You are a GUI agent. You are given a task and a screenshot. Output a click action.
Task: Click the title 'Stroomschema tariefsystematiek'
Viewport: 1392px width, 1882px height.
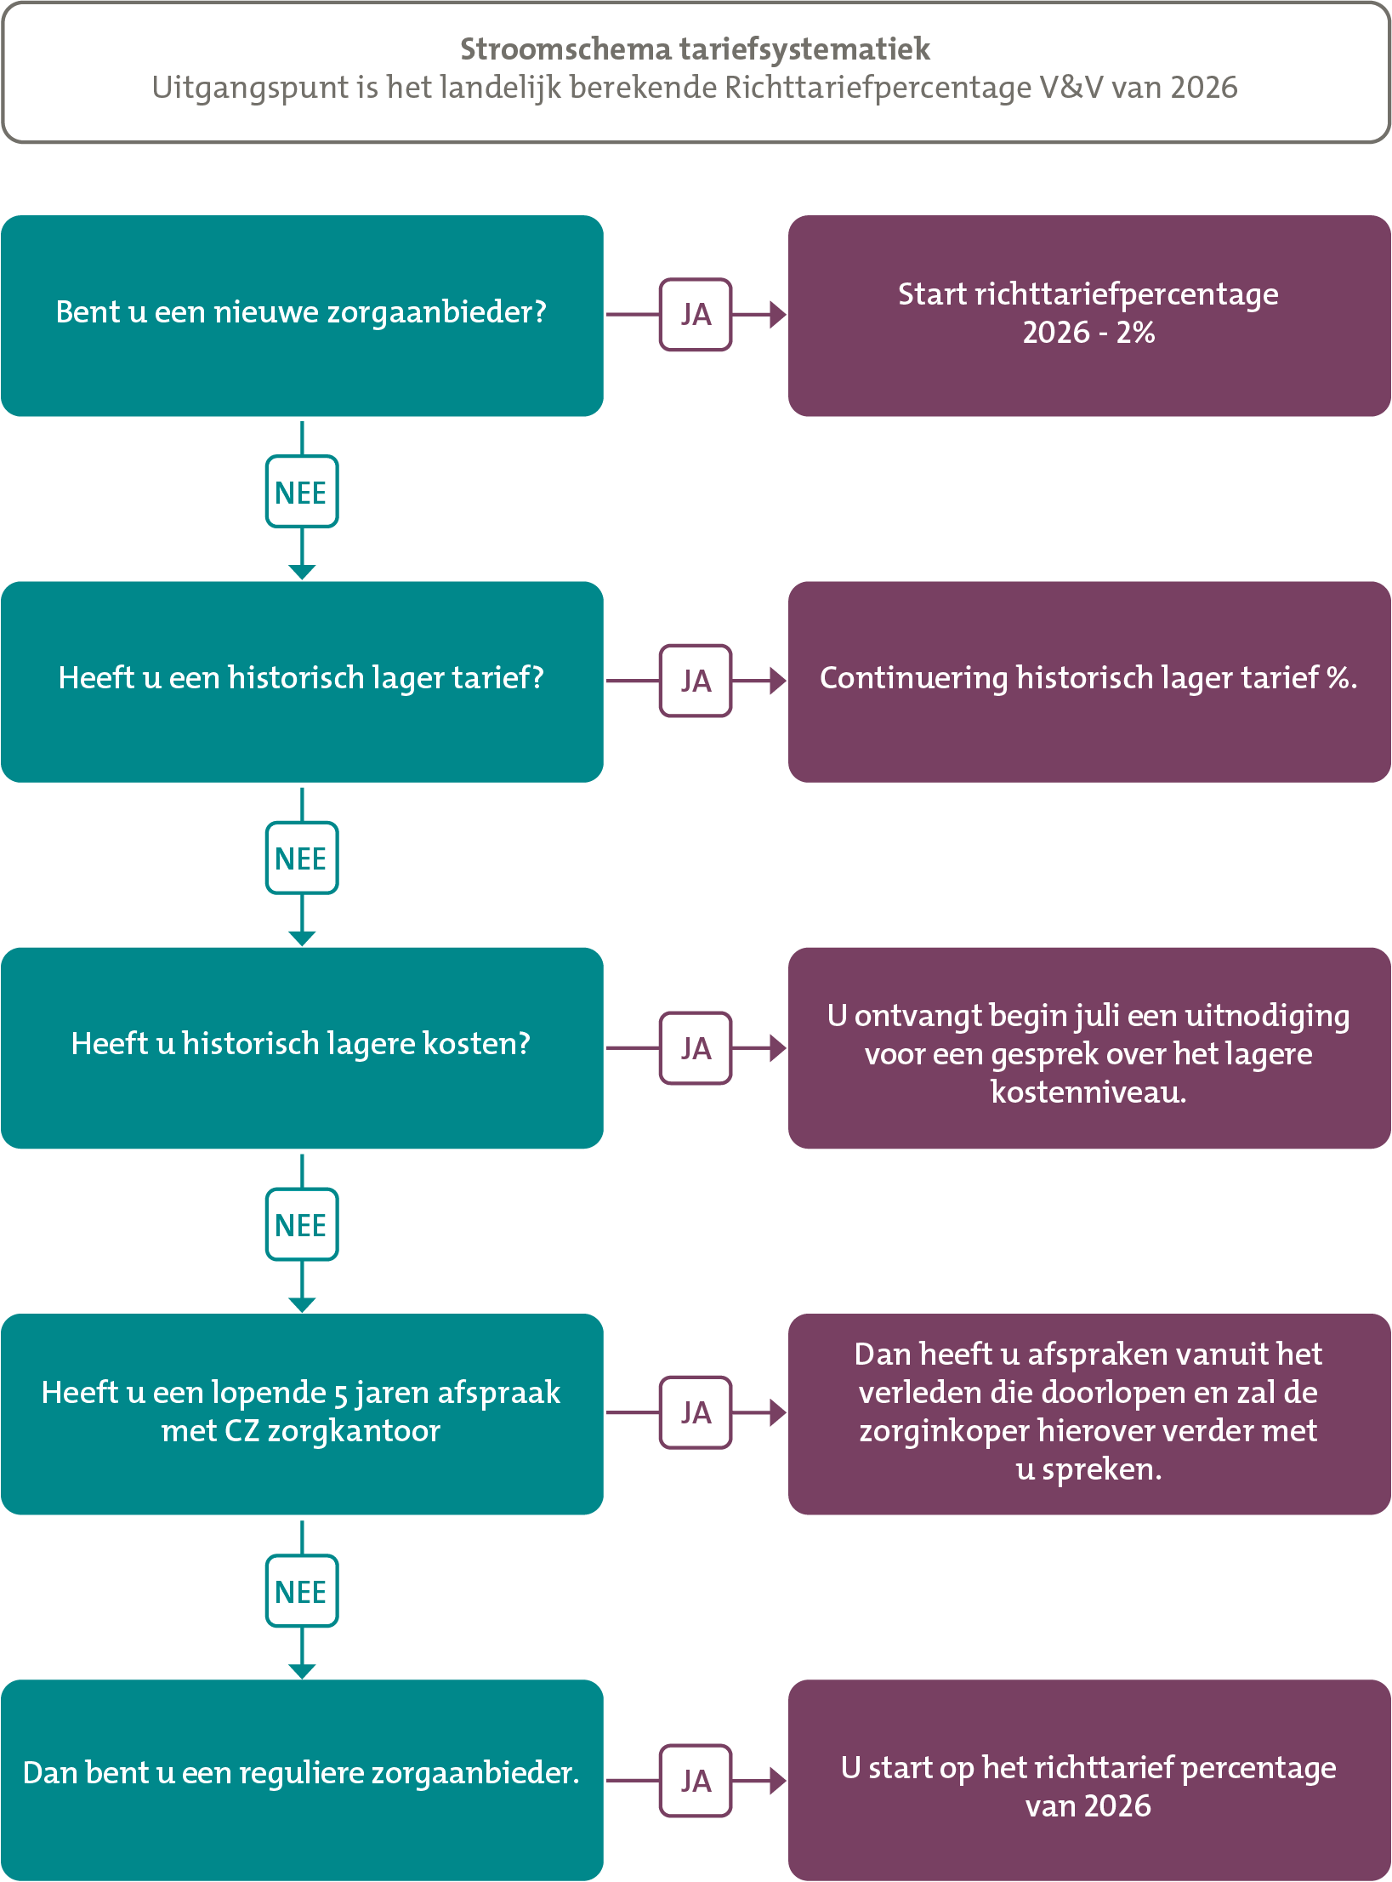tap(695, 49)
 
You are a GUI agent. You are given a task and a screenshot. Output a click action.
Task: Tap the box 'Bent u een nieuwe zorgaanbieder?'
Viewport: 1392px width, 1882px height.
tap(302, 316)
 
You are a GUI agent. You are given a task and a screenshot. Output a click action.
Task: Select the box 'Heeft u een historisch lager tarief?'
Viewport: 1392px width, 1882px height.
tap(302, 682)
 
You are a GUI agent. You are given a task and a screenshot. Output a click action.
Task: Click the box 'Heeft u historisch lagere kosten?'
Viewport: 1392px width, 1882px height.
tap(302, 1047)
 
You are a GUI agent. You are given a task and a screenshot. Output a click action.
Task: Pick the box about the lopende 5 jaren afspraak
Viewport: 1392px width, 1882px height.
tap(302, 1414)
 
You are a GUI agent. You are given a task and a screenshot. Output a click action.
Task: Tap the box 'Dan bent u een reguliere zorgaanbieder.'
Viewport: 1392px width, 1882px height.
tap(302, 1780)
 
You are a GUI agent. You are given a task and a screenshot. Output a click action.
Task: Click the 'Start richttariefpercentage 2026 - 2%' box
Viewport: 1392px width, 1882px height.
tap(1089, 316)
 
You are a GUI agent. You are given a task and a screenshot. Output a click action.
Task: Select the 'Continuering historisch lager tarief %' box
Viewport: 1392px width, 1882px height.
tap(1089, 682)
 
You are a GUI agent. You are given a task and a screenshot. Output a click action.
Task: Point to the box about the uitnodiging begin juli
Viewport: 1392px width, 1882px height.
tap(1089, 1047)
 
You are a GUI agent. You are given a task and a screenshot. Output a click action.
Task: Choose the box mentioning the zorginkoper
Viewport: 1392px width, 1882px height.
tap(1089, 1414)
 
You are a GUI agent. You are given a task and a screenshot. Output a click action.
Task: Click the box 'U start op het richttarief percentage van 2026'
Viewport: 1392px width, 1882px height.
tap(1089, 1780)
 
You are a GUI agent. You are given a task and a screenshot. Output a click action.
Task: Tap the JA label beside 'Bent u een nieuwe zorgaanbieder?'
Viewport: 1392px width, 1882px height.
tap(696, 315)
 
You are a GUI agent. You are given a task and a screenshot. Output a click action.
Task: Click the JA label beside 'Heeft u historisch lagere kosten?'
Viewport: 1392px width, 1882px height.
tap(696, 1048)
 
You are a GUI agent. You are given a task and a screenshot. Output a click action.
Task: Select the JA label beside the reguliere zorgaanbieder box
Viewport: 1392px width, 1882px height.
tap(696, 1781)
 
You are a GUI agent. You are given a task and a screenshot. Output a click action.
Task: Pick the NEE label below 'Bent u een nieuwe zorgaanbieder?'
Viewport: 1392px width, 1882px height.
tap(302, 492)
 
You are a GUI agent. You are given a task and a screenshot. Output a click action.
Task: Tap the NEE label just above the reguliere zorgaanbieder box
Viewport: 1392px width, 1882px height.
tap(302, 1591)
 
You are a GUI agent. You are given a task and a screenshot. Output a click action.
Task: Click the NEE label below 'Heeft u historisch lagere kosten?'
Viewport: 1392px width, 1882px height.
tap(302, 1224)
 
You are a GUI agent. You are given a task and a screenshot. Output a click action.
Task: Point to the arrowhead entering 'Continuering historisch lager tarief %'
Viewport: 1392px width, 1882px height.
tap(778, 681)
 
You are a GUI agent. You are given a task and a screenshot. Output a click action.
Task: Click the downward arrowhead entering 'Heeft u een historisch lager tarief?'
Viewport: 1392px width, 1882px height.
tap(302, 572)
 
